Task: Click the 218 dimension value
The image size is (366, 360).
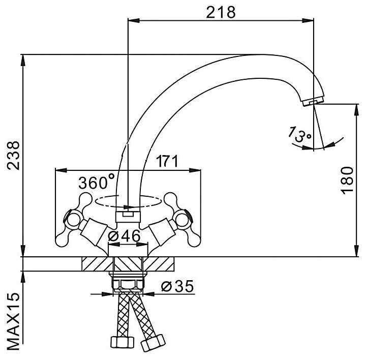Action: (x=221, y=12)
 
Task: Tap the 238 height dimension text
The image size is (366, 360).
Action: (x=13, y=155)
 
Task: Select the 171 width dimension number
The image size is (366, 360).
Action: (x=167, y=161)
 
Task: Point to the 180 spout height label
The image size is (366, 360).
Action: (x=347, y=180)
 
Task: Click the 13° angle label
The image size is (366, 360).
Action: (x=299, y=135)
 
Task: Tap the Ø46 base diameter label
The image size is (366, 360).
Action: (x=124, y=236)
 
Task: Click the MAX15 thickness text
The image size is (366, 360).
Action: (x=13, y=321)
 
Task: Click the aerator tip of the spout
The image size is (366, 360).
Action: (x=313, y=102)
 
